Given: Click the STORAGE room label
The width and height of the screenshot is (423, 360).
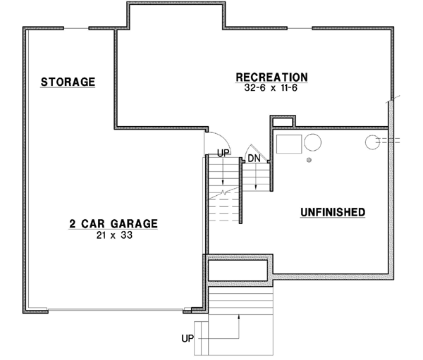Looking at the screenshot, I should coord(68,82).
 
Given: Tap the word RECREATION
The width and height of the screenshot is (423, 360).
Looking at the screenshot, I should coord(271,77).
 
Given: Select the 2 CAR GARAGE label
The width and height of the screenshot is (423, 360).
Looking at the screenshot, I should coord(113,224).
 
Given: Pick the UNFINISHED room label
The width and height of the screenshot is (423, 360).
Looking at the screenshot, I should coord(332,211).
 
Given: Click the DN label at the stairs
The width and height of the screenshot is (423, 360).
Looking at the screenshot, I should coord(255,159).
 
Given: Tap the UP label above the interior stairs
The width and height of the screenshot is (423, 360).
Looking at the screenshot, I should coord(223,152).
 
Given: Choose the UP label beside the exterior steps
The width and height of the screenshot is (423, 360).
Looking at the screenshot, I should coord(188,339).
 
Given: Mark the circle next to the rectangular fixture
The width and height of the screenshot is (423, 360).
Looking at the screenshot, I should coord(313,143).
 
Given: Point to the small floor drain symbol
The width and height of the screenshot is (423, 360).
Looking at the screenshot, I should coord(309,161).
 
